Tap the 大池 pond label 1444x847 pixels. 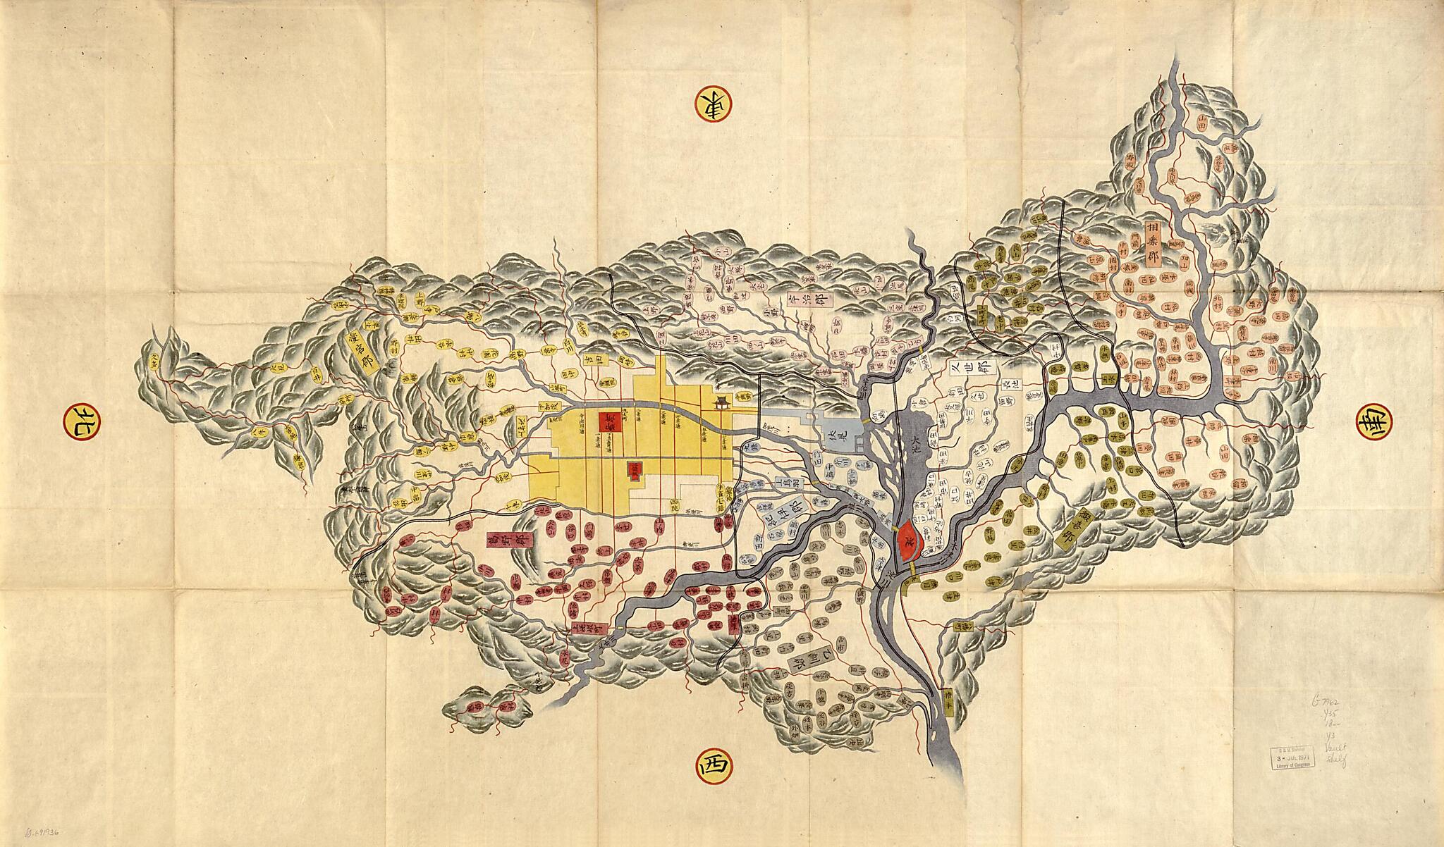[915, 445]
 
